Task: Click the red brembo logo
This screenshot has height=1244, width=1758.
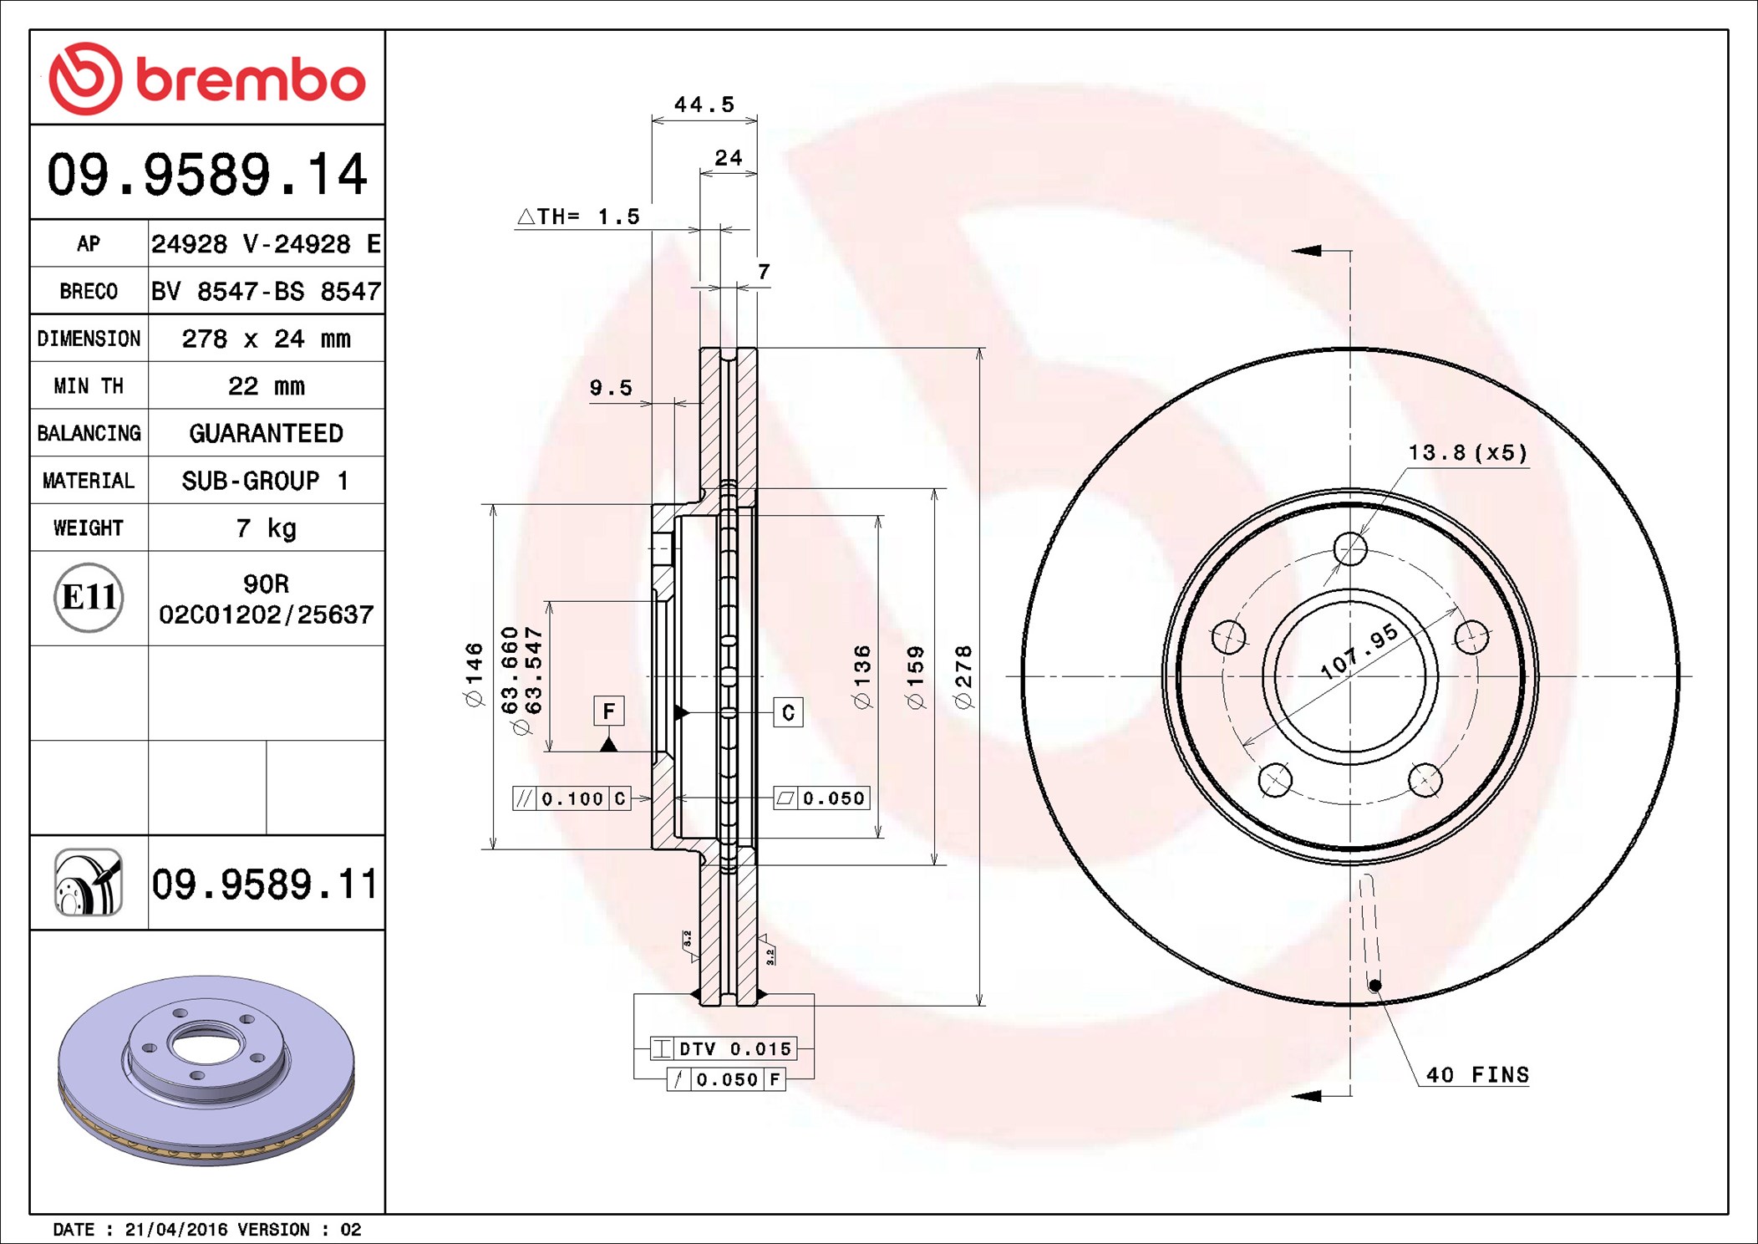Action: [x=207, y=79]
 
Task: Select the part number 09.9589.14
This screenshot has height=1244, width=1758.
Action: [x=207, y=175]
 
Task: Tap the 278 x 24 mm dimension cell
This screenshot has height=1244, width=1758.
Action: [x=266, y=339]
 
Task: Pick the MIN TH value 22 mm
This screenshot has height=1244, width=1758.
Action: [x=266, y=386]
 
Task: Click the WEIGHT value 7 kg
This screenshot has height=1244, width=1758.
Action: [x=266, y=528]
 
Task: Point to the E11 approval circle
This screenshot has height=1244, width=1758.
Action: [x=89, y=598]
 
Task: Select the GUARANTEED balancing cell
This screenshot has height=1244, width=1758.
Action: [x=266, y=433]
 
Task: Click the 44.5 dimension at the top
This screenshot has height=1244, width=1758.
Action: [x=704, y=105]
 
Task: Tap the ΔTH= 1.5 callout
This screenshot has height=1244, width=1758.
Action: [x=578, y=217]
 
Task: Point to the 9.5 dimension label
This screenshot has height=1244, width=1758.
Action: [x=611, y=388]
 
